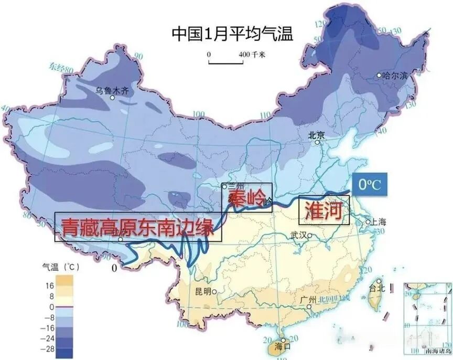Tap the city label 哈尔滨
395,76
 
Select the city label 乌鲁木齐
111,90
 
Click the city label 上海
379,222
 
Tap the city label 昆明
201,292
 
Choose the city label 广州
308,300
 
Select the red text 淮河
323,210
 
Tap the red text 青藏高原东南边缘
137,227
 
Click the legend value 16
50,286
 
